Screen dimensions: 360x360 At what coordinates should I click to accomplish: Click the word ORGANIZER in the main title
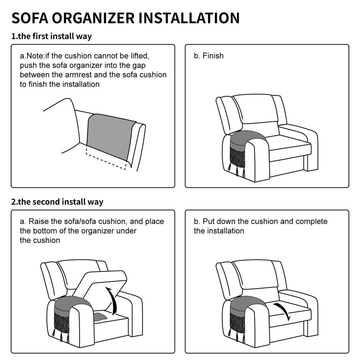tap(93, 18)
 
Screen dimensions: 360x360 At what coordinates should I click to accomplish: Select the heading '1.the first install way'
tap(52, 36)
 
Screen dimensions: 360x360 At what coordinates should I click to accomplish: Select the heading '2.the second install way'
tap(57, 202)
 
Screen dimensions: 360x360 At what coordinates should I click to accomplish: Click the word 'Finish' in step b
tap(213, 56)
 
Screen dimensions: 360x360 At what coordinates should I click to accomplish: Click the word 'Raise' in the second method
tap(38, 221)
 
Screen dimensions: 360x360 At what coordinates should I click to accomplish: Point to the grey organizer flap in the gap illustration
tap(110, 136)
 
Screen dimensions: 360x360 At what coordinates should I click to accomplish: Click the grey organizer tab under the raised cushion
tap(100, 316)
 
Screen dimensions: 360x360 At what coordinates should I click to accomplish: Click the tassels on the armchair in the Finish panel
tap(237, 170)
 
